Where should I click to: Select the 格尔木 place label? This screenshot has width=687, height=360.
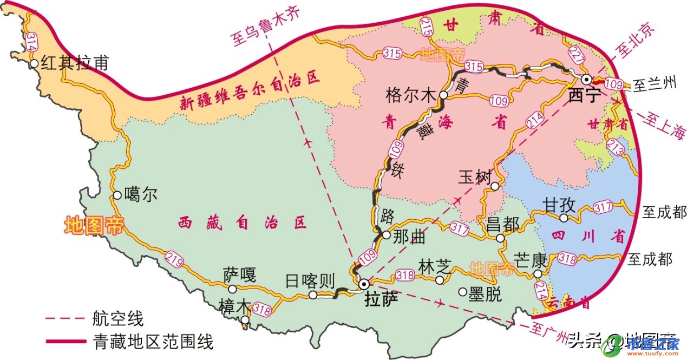tap(410, 95)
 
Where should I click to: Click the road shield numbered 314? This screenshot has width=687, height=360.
tap(31, 42)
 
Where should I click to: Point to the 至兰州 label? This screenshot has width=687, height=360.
tap(655, 84)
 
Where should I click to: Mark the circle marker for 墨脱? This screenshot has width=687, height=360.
tap(462, 292)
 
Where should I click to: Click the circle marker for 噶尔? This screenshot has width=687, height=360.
tap(117, 195)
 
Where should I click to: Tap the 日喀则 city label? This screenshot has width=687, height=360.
tap(310, 280)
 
